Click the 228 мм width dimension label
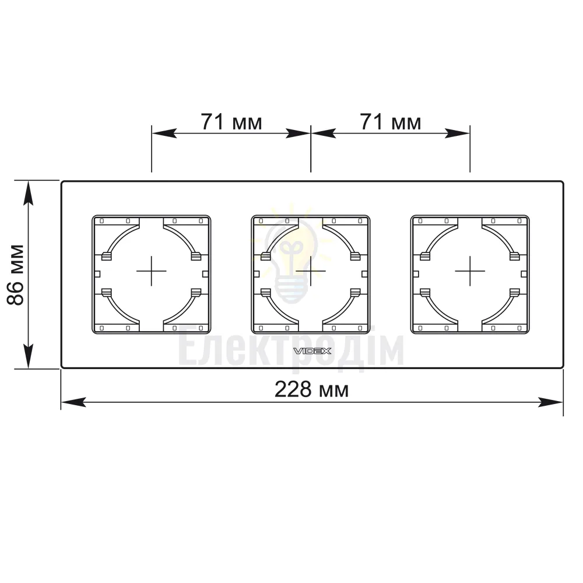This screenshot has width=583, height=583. tap(311, 389)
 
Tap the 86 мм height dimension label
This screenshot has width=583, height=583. tap(16, 275)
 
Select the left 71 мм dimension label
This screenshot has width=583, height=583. tap(231, 122)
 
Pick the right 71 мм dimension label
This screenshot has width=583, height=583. tap(391, 122)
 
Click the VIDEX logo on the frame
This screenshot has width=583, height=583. tap(312, 351)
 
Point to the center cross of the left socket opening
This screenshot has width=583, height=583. tap(152, 271)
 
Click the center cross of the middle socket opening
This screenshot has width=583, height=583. tap(311, 271)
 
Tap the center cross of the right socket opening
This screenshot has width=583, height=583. tap(470, 271)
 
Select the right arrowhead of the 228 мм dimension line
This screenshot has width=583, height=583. tap(551, 402)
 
